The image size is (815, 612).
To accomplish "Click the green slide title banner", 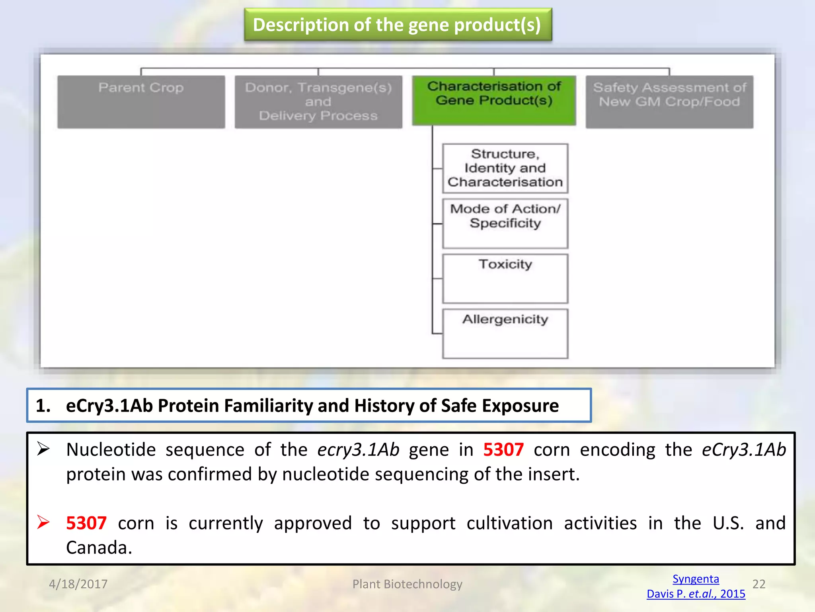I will tap(398, 25).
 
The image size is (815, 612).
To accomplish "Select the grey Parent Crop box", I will tap(141, 102).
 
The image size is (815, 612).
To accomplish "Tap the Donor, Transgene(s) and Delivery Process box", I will tap(318, 102).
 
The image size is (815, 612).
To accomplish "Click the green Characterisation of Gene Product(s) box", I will tap(494, 100).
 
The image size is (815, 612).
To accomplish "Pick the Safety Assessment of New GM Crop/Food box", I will tap(669, 102).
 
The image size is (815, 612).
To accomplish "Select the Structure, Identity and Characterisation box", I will tap(505, 168).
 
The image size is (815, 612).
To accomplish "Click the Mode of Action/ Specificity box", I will tap(505, 223).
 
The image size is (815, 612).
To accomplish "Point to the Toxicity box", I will tap(505, 279).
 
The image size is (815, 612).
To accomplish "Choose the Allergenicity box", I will tap(505, 333).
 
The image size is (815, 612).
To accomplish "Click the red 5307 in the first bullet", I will tap(503, 450).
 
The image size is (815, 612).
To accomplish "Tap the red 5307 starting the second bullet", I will tap(86, 523).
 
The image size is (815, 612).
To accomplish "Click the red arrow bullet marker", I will tap(43, 522).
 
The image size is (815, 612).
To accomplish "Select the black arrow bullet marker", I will tap(43, 449).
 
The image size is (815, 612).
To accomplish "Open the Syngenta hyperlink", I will tap(696, 579).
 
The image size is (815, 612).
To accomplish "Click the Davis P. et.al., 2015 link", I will tap(696, 594).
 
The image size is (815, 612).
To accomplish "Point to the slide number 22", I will tap(759, 584).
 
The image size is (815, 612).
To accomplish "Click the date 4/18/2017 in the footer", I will tap(78, 584).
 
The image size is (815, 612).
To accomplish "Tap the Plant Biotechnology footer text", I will tap(407, 584).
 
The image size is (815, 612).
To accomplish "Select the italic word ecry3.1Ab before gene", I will tap(358, 450).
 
